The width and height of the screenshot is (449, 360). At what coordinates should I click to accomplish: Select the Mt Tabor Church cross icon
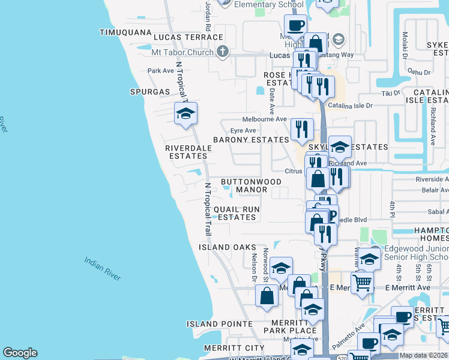[223, 52]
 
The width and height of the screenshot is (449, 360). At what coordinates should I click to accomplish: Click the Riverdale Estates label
[188, 151]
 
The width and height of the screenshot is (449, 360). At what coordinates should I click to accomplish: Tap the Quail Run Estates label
[237, 213]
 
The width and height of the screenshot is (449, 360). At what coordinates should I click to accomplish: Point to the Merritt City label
[234, 348]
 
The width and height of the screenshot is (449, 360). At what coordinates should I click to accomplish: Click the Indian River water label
[103, 269]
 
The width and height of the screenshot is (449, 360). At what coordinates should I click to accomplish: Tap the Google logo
[20, 353]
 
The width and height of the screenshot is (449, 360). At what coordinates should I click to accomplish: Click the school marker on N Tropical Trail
[186, 112]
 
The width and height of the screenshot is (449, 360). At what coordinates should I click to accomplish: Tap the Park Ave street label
[160, 71]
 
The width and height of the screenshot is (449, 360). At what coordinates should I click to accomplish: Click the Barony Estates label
[251, 140]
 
